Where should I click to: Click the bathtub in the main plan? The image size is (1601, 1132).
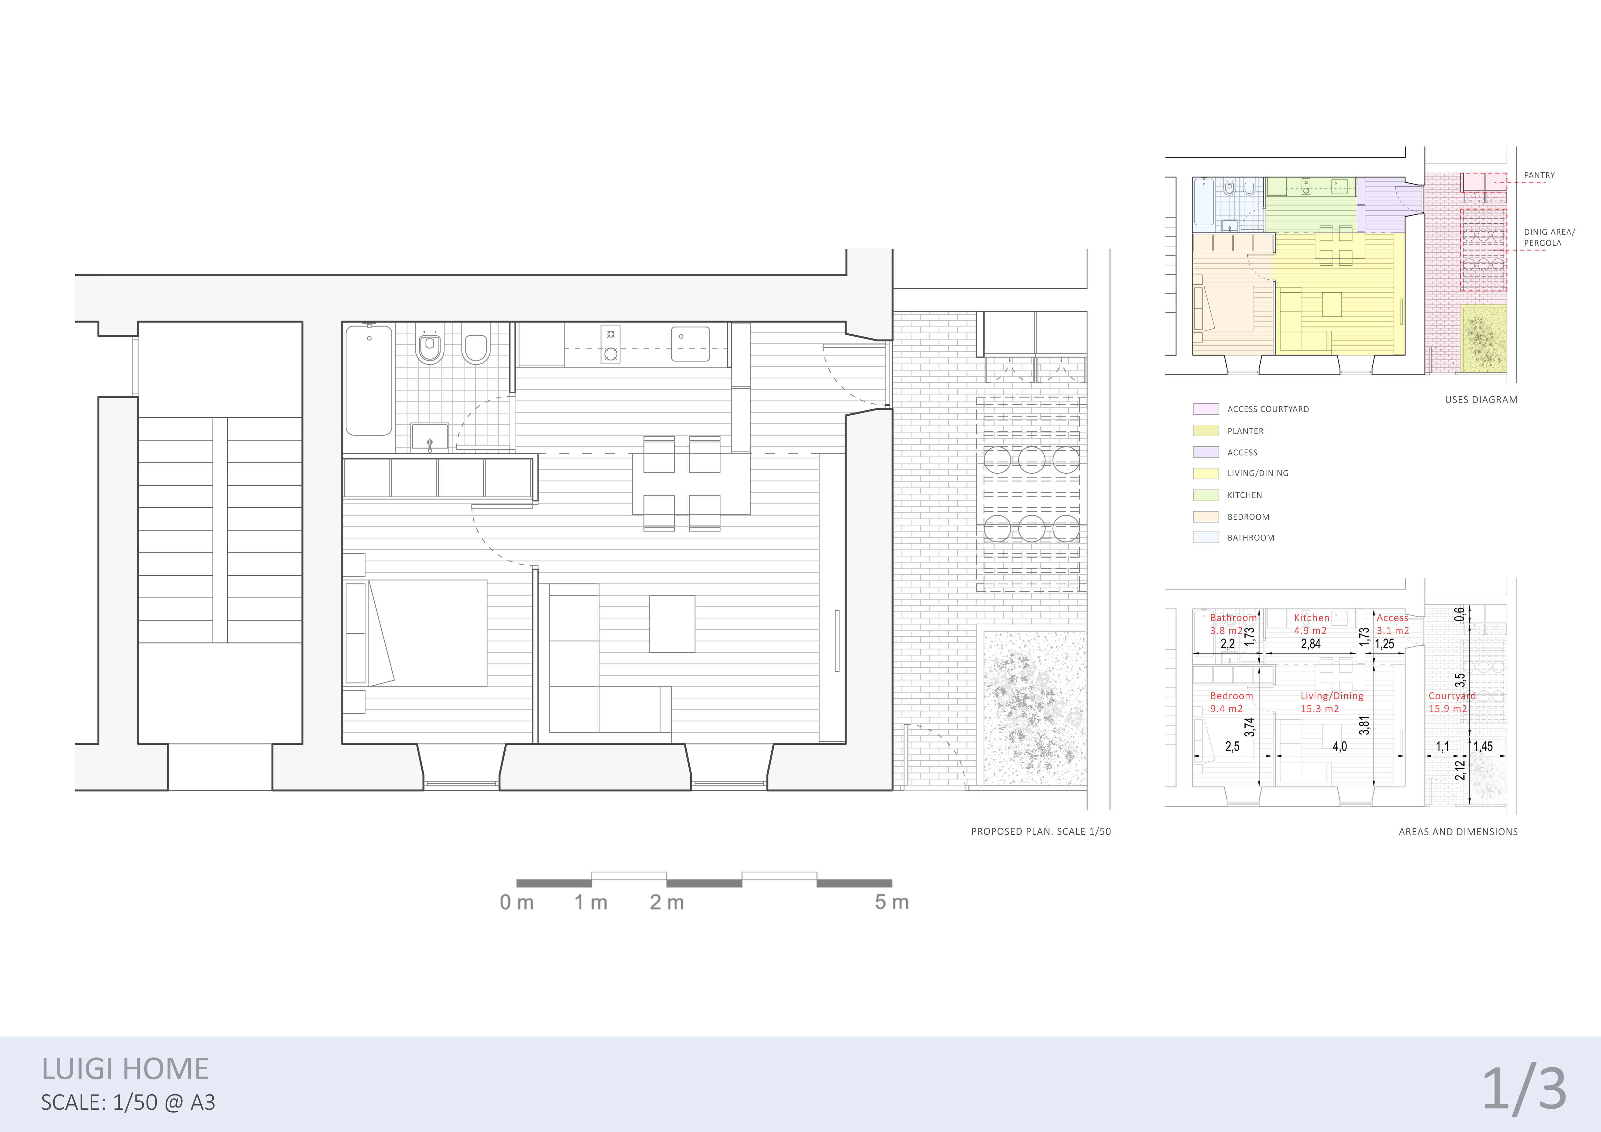tap(369, 380)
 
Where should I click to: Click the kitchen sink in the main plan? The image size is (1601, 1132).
tap(690, 344)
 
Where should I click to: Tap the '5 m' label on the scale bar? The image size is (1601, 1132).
tap(892, 902)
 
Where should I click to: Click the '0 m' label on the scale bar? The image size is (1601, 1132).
tap(517, 902)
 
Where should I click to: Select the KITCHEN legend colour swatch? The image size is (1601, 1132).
tap(1206, 495)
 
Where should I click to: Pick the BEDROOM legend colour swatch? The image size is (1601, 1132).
tap(1206, 517)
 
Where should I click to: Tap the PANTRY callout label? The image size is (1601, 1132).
tap(1539, 175)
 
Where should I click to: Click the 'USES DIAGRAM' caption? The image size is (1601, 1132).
tap(1481, 399)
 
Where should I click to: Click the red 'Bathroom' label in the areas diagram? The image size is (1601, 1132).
tap(1233, 618)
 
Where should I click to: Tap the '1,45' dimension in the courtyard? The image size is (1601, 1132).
tap(1483, 746)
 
